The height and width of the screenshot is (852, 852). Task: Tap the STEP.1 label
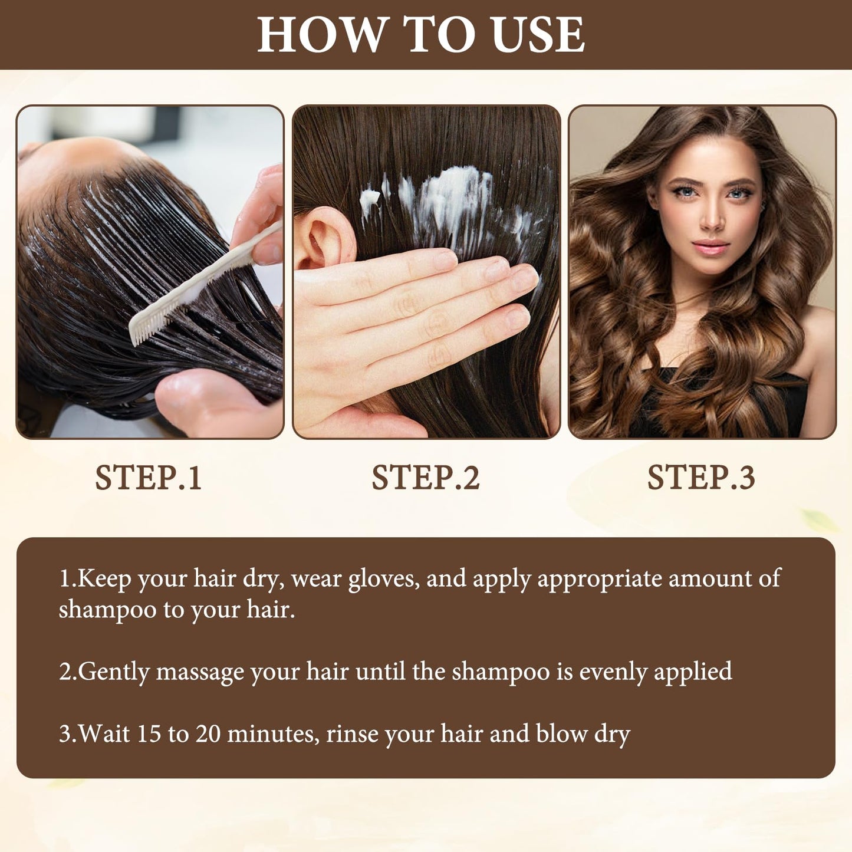(149, 478)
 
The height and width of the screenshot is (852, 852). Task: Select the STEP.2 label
(425, 478)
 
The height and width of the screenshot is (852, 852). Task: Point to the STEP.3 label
(701, 478)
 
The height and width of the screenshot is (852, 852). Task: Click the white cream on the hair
(446, 203)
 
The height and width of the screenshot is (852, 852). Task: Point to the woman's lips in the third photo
(710, 246)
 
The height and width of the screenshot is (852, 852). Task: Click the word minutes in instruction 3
(273, 735)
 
